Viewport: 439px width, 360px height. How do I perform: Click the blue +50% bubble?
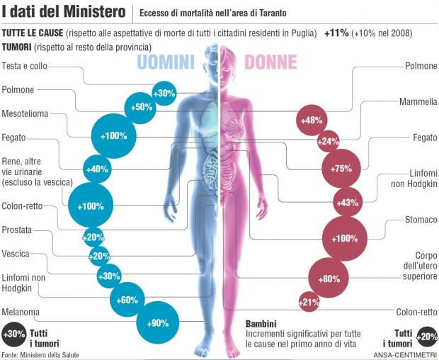point(139,107)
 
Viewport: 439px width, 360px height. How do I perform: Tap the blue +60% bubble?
point(128,300)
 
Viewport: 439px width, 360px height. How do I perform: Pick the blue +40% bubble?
point(96,169)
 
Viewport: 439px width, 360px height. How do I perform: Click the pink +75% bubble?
point(341,169)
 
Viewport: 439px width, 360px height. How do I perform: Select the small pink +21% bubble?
point(309,303)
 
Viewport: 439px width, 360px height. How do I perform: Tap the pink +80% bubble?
point(329,279)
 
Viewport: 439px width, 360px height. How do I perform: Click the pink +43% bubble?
point(346,203)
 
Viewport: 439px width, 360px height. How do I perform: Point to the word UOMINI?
point(165,62)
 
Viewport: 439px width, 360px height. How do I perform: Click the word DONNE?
point(271,62)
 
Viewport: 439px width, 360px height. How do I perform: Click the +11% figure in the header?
point(336,33)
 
